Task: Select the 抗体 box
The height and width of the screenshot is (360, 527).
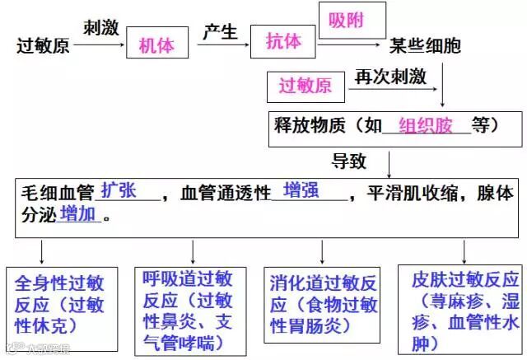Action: (282, 43)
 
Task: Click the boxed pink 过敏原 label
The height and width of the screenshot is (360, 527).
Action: (305, 85)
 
